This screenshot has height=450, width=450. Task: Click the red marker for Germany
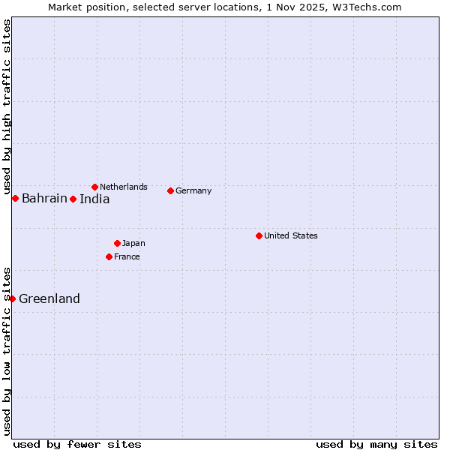click(170, 190)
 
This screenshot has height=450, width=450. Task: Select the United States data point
click(259, 235)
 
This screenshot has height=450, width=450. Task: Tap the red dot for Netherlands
click(94, 187)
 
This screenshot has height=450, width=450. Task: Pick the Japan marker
click(117, 243)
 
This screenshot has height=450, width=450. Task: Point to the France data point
click(109, 256)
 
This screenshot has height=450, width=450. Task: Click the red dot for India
click(73, 199)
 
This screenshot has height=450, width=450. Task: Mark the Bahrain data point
click(15, 198)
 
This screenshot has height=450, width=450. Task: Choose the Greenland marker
click(12, 298)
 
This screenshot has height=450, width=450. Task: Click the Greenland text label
click(49, 298)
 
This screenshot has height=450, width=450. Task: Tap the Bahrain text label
click(44, 198)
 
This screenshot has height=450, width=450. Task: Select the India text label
click(94, 199)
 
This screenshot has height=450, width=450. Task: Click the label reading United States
click(291, 235)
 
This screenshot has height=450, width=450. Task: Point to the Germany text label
click(193, 190)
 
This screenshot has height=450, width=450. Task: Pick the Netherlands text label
click(124, 187)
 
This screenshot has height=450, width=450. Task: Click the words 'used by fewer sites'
click(77, 444)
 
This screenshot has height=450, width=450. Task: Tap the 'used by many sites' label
click(376, 444)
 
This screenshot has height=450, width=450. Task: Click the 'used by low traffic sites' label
click(7, 351)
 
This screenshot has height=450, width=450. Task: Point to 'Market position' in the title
click(83, 7)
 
